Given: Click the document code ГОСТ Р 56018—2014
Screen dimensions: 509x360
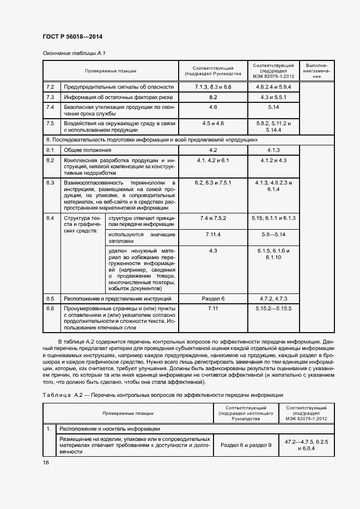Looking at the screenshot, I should tap(72, 36).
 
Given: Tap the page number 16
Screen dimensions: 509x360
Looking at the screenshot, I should tap(46, 462).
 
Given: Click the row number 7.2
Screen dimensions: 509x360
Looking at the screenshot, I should tap(51, 87).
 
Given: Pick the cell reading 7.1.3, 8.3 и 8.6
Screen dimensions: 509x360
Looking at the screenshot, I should tap(213, 87).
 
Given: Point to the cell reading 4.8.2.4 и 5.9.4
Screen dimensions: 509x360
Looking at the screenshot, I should tap(273, 87).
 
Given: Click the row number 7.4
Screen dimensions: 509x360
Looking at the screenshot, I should tap(51, 107).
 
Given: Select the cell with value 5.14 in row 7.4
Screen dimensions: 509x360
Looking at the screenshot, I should tap(273, 107).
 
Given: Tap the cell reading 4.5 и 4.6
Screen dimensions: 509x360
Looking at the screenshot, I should tap(213, 124).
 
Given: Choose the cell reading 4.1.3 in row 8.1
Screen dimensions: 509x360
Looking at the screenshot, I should tap(273, 150).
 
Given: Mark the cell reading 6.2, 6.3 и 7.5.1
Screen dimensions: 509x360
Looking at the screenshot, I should tap(213, 182).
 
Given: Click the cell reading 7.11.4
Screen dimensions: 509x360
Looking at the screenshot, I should tap(213, 234).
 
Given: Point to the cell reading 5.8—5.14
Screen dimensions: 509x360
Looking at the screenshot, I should tap(273, 234).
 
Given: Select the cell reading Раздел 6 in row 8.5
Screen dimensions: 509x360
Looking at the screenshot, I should tap(213, 299).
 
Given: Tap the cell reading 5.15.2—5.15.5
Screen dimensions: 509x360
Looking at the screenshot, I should tap(273, 309).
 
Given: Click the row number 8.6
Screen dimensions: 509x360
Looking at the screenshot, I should tap(51, 309).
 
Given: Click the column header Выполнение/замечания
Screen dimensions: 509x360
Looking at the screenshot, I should tap(316, 71).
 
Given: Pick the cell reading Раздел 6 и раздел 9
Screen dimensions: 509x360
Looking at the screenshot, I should tap(246, 445).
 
